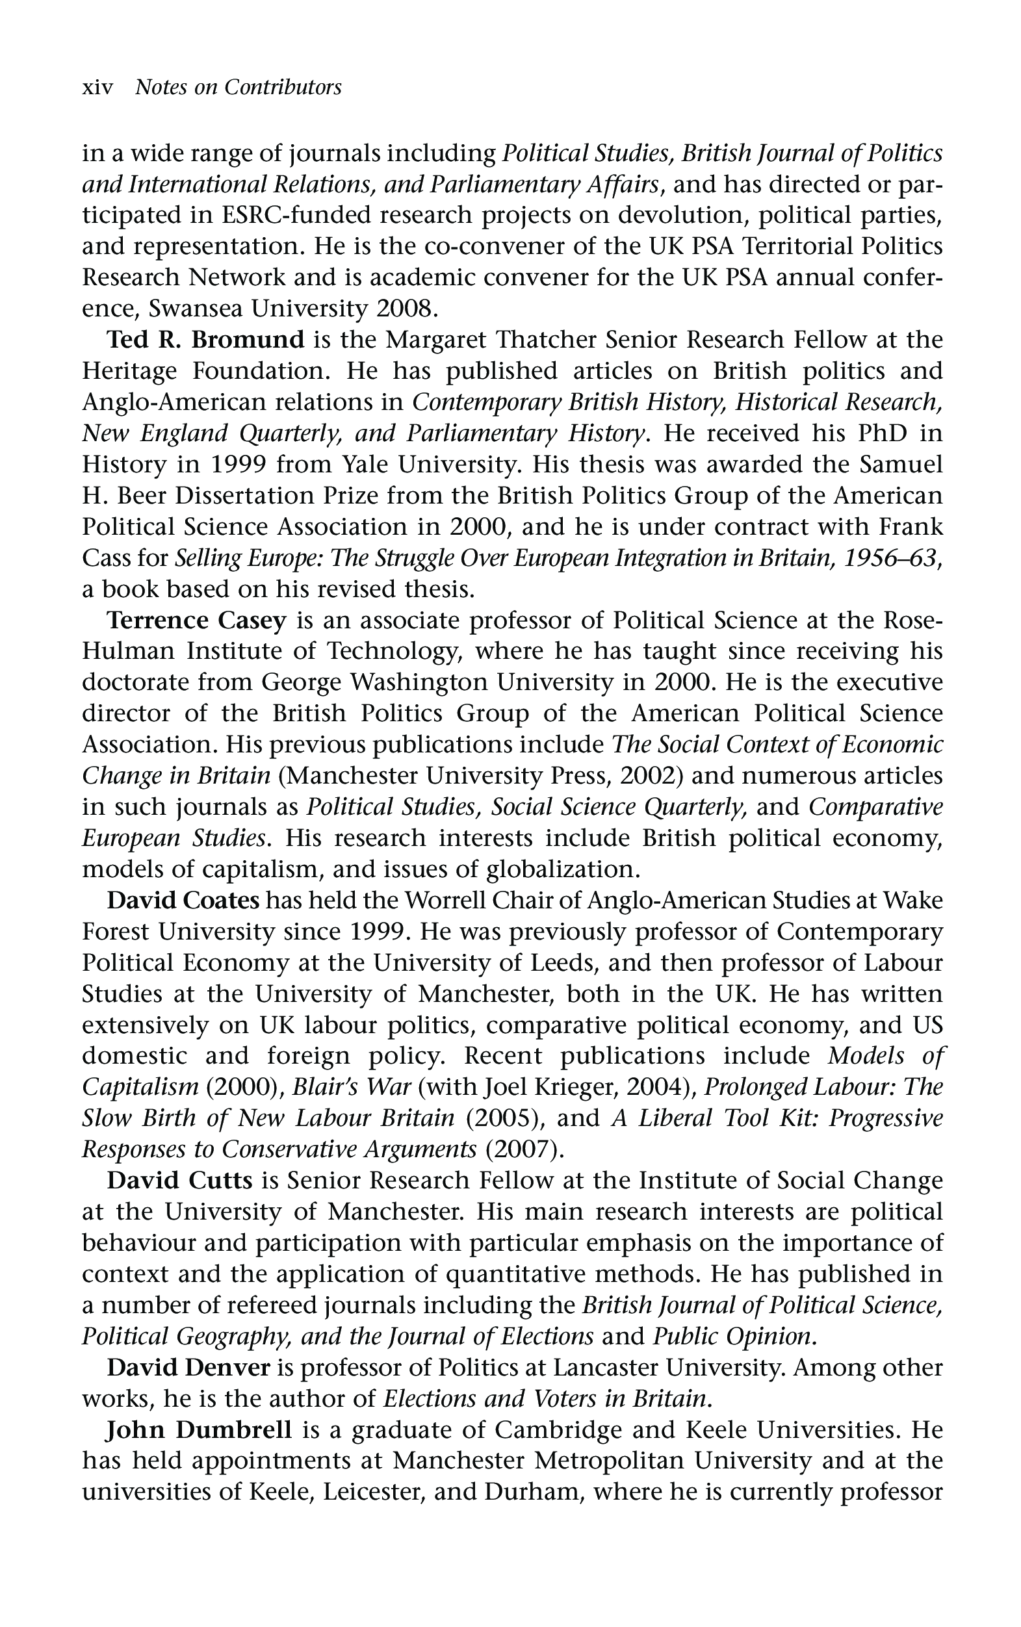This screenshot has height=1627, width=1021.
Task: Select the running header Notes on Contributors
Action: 239,88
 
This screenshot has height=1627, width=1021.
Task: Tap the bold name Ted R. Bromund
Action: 206,339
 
